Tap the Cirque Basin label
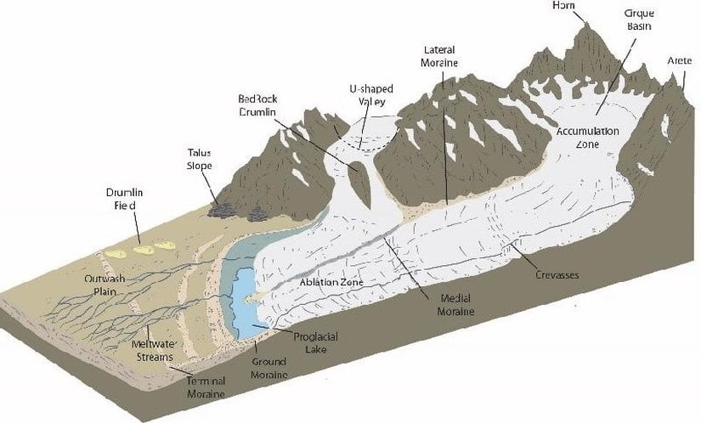pyautogui.click(x=638, y=20)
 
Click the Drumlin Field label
pyautogui.click(x=122, y=199)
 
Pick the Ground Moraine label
pyautogui.click(x=269, y=368)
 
